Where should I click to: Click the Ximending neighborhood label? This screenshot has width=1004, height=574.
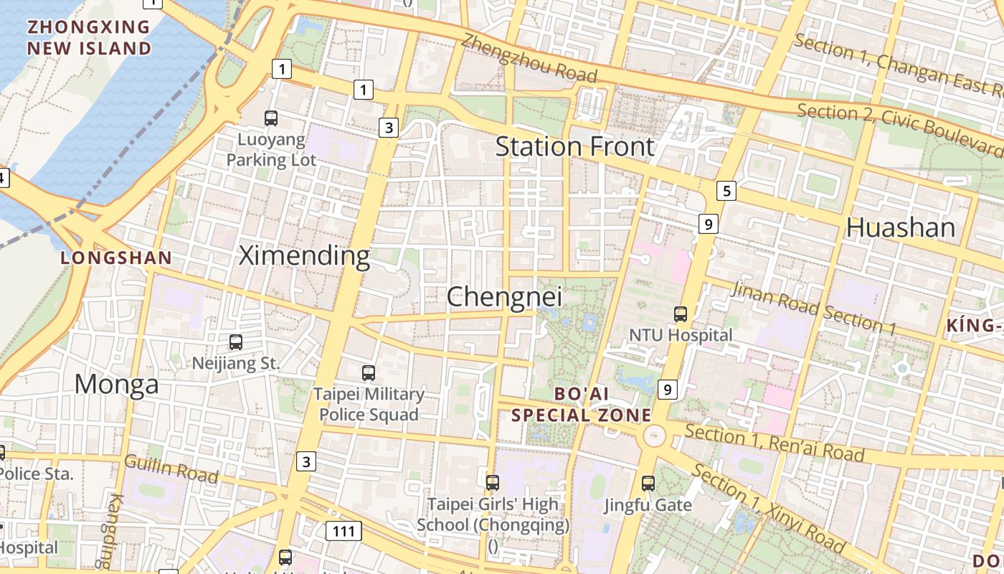point(304,255)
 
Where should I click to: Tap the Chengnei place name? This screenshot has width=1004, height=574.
point(504,297)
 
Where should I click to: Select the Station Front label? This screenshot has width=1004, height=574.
point(575,146)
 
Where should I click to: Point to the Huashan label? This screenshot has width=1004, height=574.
point(901,227)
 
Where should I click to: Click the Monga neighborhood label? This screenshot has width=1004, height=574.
point(116,385)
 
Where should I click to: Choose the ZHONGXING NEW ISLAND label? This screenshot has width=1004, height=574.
point(89,38)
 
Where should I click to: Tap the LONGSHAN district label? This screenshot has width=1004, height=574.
point(116,258)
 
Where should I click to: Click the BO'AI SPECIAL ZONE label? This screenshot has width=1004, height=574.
point(582,404)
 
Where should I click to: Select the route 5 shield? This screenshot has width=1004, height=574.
point(726,191)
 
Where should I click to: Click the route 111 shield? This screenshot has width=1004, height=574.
point(344,531)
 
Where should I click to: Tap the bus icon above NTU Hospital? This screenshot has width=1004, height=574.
point(680,314)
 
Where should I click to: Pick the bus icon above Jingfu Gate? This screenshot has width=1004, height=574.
point(648,484)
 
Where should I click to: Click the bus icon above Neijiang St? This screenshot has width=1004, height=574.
point(235,342)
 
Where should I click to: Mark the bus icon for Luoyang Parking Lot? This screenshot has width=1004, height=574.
point(271,118)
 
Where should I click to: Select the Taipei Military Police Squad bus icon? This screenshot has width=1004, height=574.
point(369,373)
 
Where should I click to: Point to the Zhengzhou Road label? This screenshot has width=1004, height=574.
point(529,58)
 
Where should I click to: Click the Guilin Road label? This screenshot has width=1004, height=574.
point(171,469)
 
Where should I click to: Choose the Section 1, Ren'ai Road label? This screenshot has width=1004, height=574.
point(775,443)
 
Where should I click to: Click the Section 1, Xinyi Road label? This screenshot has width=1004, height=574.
point(769,509)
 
